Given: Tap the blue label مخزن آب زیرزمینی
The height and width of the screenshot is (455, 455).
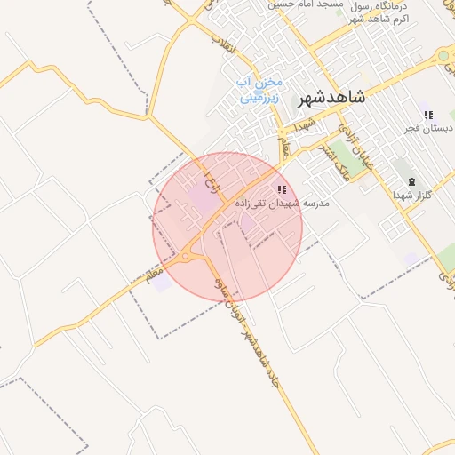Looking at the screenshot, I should pos(259,90).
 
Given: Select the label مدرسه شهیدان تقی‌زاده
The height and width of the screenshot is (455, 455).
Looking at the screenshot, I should pos(282,204).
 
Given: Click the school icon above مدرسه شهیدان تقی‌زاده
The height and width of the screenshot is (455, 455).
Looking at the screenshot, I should pos(282,189).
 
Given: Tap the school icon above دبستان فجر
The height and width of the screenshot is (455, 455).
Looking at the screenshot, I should pos(428,115).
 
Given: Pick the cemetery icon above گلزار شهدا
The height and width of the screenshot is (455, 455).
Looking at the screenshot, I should pos(411,181).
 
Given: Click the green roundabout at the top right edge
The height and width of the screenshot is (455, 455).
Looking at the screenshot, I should pos(443,56).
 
